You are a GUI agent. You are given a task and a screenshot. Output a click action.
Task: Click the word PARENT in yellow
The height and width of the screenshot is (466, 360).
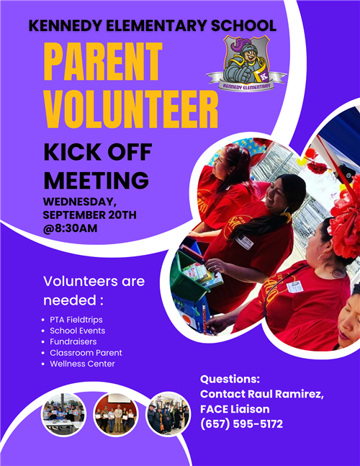(x=103, y=61)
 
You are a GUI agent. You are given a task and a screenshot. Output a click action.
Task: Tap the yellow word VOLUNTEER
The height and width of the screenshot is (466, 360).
(x=131, y=109)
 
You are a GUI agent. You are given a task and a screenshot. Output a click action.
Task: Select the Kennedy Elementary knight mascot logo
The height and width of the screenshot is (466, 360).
(x=246, y=63)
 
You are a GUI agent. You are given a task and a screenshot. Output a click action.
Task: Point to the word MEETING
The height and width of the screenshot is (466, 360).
(x=96, y=180)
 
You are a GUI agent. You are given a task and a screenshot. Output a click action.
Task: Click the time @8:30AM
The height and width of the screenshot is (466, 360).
(x=70, y=228)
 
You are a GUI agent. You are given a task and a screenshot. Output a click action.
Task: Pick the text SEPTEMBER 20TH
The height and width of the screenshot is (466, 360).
(x=90, y=215)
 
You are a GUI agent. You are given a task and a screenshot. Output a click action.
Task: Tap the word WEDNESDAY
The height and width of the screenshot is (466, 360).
(x=80, y=202)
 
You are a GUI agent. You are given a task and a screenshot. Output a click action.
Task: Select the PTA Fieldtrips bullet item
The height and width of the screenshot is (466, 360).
(x=76, y=320)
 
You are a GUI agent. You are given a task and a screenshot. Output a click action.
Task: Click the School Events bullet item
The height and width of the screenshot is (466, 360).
(x=78, y=331)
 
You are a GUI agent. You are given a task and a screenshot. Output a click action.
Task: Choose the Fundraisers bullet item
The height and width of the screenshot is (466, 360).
(x=73, y=342)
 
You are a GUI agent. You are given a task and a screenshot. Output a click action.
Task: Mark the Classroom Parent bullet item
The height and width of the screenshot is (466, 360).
(x=86, y=353)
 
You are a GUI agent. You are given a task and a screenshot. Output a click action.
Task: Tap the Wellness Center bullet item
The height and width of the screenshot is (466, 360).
(x=82, y=364)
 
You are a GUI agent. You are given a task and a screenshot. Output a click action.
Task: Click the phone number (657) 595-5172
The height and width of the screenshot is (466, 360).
(x=241, y=424)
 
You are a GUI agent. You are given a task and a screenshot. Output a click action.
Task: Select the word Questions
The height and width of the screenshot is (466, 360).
(x=230, y=380)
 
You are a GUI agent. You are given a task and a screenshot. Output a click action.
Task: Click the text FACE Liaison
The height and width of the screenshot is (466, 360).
(x=235, y=409)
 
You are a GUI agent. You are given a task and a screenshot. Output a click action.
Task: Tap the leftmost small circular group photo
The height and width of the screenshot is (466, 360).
(x=63, y=415)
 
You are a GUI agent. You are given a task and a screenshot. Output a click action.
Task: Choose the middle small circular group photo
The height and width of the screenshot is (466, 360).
(x=115, y=415)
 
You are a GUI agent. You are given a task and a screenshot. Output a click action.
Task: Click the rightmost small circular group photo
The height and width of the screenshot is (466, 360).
(x=168, y=414)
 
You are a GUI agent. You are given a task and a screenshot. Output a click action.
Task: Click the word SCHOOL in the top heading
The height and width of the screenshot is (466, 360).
(x=243, y=26)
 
